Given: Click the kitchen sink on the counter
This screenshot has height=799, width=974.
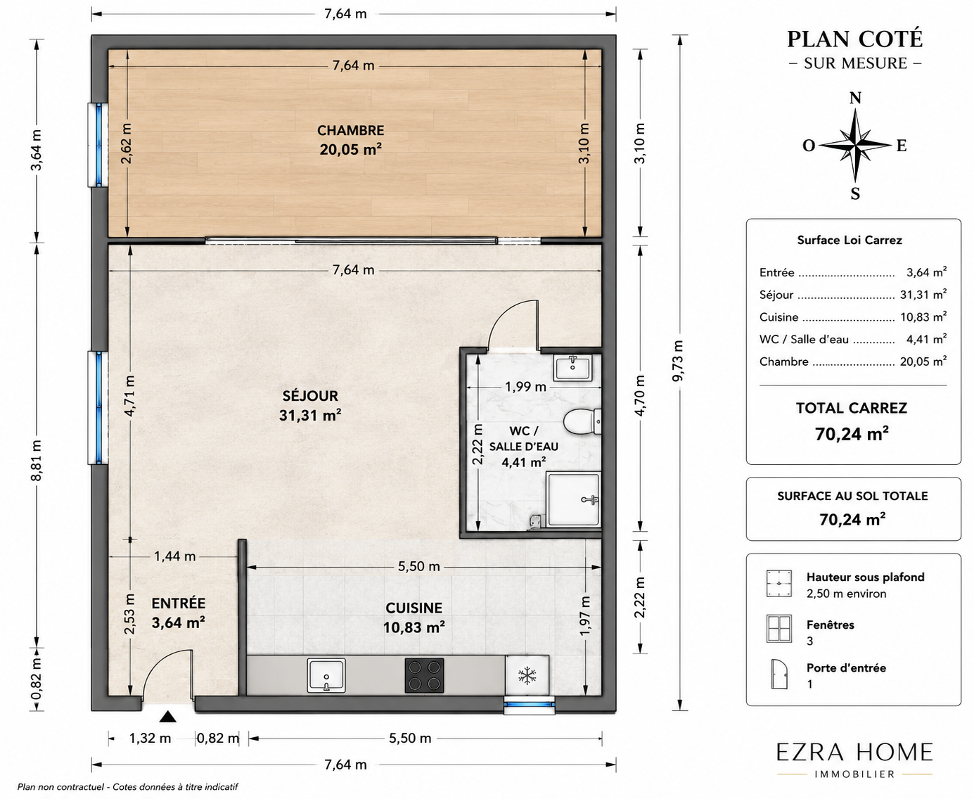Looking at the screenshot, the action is [326, 675].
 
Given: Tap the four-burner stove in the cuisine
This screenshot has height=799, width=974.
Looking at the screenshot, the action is [424, 675].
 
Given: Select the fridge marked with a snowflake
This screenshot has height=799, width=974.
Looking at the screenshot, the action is [527, 675].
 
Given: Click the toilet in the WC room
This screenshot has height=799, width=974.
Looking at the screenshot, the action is [582, 421].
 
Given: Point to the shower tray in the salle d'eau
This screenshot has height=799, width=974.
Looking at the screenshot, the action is [574, 499].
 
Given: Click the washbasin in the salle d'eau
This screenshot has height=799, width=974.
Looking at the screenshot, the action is [572, 368].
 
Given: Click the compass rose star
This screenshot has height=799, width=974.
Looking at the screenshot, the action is [855, 146].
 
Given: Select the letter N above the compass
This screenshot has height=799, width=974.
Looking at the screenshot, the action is [855, 98].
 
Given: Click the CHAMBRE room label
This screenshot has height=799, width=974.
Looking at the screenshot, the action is [350, 130].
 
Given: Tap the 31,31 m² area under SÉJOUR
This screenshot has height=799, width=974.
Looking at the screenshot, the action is [310, 415].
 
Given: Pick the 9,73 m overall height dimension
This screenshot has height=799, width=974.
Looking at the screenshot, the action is [677, 361].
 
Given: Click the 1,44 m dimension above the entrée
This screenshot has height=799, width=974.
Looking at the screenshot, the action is [174, 556].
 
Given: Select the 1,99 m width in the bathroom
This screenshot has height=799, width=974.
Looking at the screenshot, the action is [525, 387].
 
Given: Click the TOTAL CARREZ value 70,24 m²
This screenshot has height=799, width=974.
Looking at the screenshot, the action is [852, 434].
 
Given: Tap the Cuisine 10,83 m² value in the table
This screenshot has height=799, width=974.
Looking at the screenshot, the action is [923, 317].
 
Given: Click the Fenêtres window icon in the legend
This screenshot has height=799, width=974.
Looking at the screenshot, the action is [779, 629].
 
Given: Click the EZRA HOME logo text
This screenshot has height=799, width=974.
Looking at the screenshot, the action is [854, 753].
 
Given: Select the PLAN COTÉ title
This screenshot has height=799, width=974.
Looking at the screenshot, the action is [855, 39].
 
